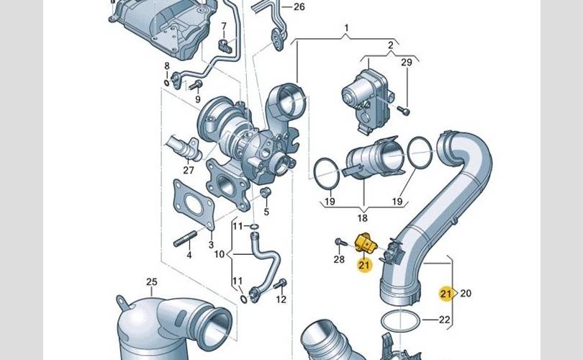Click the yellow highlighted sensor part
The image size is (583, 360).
(366, 243)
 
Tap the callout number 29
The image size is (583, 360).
(407, 62)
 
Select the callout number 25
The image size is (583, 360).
(151, 282)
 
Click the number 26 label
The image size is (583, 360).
(299, 7)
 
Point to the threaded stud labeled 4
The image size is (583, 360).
(185, 238)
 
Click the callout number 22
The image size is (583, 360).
(444, 320)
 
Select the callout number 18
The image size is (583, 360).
(362, 218)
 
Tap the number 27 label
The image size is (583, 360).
(189, 171)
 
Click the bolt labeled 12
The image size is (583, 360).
(281, 284)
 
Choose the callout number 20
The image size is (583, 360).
(466, 294)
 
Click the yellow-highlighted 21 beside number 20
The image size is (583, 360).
(446, 294)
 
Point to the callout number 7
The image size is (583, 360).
(223, 27)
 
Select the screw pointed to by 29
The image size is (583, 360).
(403, 110)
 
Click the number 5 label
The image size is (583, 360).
(266, 212)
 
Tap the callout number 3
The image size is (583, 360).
(211, 245)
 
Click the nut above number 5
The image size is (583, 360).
(266, 193)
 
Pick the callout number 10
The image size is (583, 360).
(220, 254)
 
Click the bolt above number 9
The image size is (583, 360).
(196, 85)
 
